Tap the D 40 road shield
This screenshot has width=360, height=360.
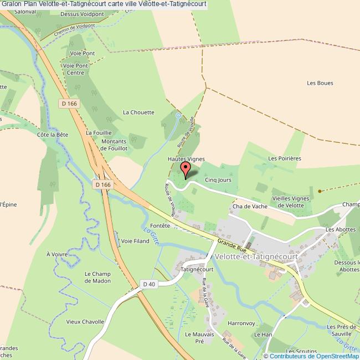point(148,284)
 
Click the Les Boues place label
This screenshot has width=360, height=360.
point(320,83)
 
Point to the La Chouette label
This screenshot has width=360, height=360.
point(138,112)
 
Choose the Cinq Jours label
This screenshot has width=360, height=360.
point(218,179)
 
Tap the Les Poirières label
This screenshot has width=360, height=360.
point(284,158)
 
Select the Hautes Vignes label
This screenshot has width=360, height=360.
point(186,159)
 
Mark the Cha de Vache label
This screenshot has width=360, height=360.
point(250,207)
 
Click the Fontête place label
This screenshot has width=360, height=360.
point(160,225)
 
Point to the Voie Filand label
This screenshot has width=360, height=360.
point(135,241)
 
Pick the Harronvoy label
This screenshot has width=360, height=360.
point(240,323)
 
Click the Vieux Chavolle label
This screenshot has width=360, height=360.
point(85,322)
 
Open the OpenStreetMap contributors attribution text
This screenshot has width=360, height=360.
point(311,356)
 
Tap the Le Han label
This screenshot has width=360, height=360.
point(264,335)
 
